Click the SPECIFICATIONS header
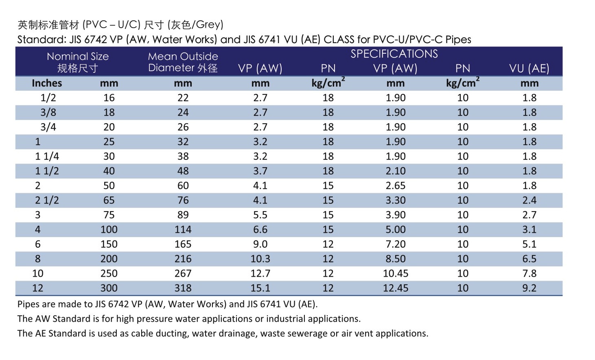(x=394, y=54)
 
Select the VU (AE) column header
(x=529, y=68)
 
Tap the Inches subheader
(x=47, y=83)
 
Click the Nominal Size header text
(x=78, y=57)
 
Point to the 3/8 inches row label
(x=48, y=113)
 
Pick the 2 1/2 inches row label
(x=47, y=201)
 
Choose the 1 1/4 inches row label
(x=47, y=157)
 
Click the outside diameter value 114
(x=183, y=230)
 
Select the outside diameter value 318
(x=183, y=288)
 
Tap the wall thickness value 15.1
(x=260, y=288)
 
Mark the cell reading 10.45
(x=395, y=274)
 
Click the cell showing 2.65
(x=395, y=186)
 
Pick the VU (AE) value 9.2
(x=529, y=288)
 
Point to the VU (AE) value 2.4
(x=529, y=201)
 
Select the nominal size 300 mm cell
(x=109, y=288)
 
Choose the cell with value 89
(x=183, y=215)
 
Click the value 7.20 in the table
(x=395, y=244)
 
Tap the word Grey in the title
(x=208, y=25)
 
